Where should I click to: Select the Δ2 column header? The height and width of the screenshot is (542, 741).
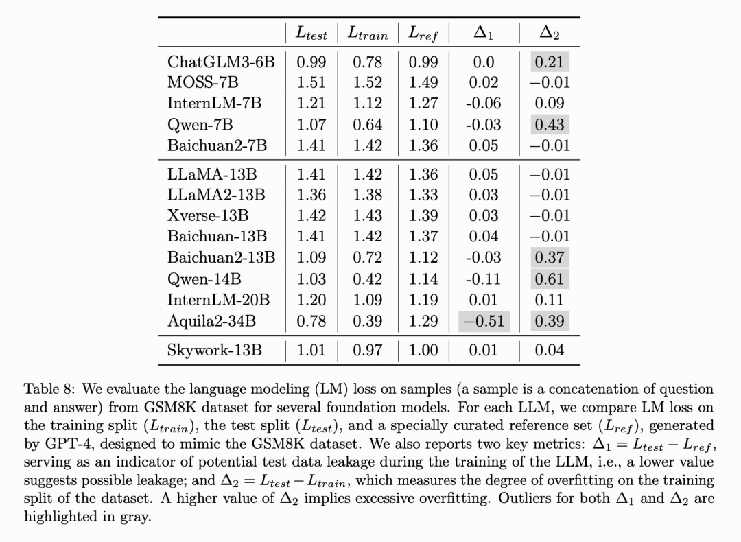tap(549, 32)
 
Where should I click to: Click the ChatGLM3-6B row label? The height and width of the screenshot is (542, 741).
tap(221, 62)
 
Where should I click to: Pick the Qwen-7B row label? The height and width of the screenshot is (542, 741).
tap(200, 125)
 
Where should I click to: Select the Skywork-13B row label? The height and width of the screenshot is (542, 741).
tap(215, 351)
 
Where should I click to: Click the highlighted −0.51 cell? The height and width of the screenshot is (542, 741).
tap(484, 321)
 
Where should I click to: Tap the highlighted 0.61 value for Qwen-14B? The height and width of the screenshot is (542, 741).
tap(549, 279)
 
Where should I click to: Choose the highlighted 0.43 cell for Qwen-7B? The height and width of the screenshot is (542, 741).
tap(549, 125)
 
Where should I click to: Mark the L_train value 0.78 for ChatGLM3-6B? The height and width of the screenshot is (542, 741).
tap(368, 62)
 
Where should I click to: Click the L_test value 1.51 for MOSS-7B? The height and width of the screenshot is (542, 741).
tap(311, 83)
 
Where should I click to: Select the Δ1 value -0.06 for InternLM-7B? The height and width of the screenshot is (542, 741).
tap(484, 104)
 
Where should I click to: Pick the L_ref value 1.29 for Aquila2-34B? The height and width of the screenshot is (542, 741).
tap(423, 321)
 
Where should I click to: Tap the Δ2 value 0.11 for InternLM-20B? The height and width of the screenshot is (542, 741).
tap(549, 300)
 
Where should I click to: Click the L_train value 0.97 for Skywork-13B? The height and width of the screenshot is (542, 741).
tap(368, 351)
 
